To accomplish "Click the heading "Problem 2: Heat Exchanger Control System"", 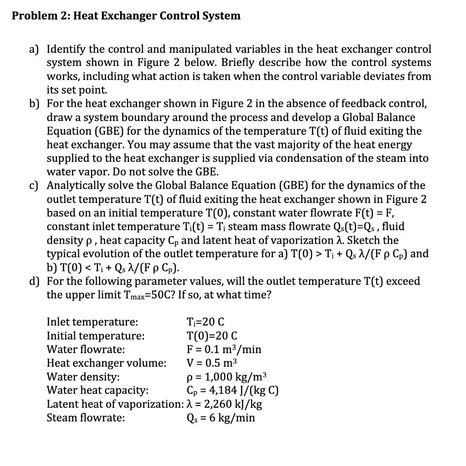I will pyautogui.click(x=126, y=16).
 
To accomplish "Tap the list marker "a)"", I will pyautogui.click(x=36, y=49).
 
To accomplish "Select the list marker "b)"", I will pyautogui.click(x=36, y=104).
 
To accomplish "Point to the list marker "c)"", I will pyautogui.click(x=36, y=186).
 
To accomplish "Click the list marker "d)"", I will pyautogui.click(x=36, y=281).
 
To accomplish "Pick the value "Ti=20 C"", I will pyautogui.click(x=205, y=323).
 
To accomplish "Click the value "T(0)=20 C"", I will pyautogui.click(x=212, y=336).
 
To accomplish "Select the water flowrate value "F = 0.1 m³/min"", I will pyautogui.click(x=224, y=349).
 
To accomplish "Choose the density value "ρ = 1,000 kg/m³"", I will pyautogui.click(x=226, y=377).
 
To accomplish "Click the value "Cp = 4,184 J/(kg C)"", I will pyautogui.click(x=233, y=390).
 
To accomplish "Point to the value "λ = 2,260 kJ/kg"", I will pyautogui.click(x=225, y=404).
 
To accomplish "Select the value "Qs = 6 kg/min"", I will pyautogui.click(x=221, y=418).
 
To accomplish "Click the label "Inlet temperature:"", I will pyautogui.click(x=92, y=323).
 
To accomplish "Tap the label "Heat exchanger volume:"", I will pyautogui.click(x=107, y=363).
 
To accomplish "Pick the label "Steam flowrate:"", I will pyautogui.click(x=86, y=418).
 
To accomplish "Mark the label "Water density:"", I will pyautogui.click(x=84, y=377).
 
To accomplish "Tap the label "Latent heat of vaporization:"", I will pyautogui.click(x=115, y=404).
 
